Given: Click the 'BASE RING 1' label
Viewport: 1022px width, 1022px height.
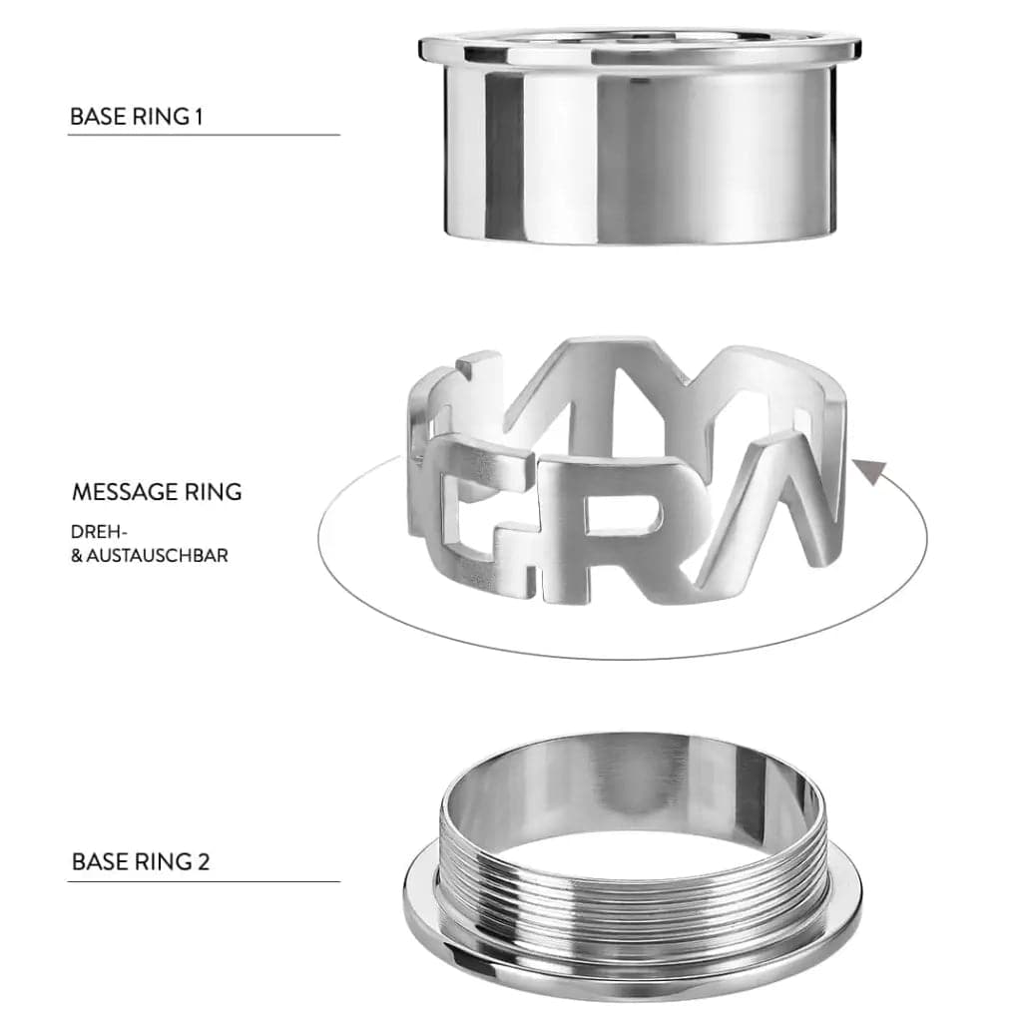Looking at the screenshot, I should [x=137, y=116].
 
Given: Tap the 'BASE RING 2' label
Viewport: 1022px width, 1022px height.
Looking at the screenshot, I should [x=141, y=861].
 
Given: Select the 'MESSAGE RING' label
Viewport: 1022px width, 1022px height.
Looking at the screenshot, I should [x=157, y=492].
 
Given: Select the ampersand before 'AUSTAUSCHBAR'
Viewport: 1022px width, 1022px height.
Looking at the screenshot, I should [x=77, y=555].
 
